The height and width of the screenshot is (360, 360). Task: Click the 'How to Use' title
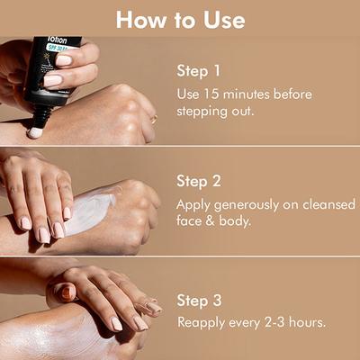pyautogui.click(x=179, y=18)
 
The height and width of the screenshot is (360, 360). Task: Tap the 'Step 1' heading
pyautogui.click(x=198, y=68)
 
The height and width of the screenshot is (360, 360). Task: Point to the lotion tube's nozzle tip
pyautogui.click(x=35, y=132)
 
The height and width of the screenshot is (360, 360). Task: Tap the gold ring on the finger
pyautogui.click(x=152, y=118)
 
